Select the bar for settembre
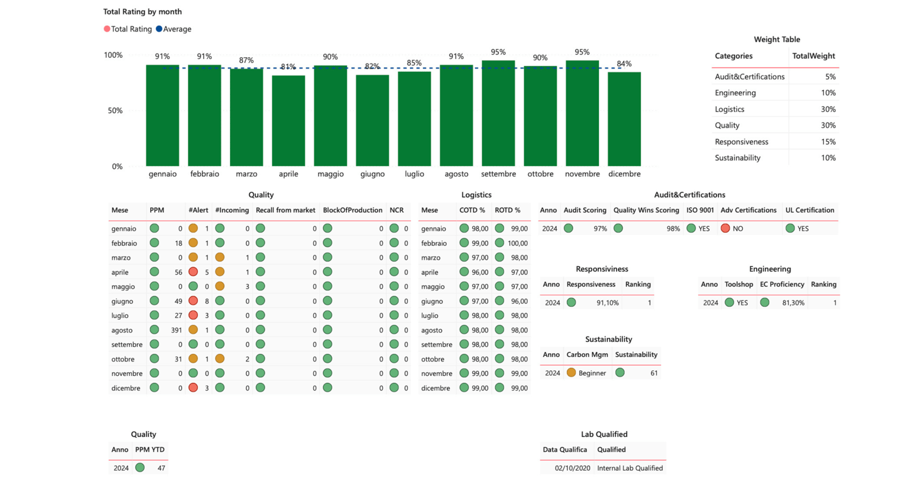pyautogui.click(x=498, y=113)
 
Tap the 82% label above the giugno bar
pyautogui.click(x=373, y=66)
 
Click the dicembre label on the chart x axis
pyautogui.click(x=624, y=174)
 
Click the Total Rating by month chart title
pyautogui.click(x=143, y=11)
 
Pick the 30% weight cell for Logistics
pyautogui.click(x=828, y=109)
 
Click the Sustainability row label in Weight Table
pyautogui.click(x=737, y=158)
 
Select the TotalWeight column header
pyautogui.click(x=813, y=56)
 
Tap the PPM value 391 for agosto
pyautogui.click(x=176, y=330)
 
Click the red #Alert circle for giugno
pyautogui.click(x=193, y=301)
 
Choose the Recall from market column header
pyautogui.click(x=285, y=210)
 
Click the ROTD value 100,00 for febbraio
pyautogui.click(x=518, y=243)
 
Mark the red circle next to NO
pyautogui.click(x=725, y=228)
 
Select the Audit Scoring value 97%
pyautogui.click(x=600, y=229)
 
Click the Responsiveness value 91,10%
pyautogui.click(x=607, y=303)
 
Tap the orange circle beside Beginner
pyautogui.click(x=571, y=373)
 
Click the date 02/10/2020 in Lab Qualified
pyautogui.click(x=572, y=468)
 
